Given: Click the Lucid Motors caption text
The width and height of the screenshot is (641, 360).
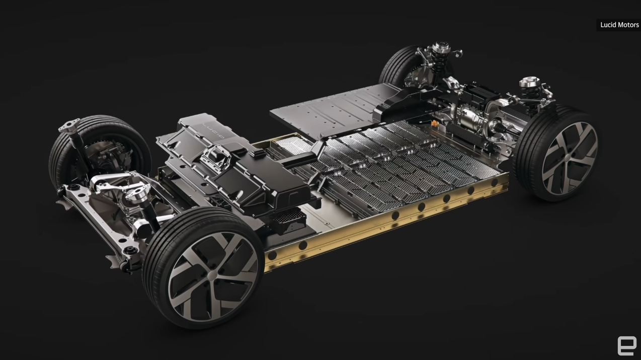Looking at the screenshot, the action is pos(619,25).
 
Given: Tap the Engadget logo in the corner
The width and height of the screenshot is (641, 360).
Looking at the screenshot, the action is pos(627,346).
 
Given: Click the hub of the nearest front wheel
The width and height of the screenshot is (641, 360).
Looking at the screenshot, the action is pos(212,275).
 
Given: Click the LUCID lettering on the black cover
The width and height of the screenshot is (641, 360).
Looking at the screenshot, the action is pos(213,130).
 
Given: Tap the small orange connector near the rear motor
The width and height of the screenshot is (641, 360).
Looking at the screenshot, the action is pos(435,123).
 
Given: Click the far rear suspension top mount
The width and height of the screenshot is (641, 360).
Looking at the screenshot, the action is pos(441,47).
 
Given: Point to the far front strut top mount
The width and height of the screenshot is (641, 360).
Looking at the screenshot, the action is pos(69,125).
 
